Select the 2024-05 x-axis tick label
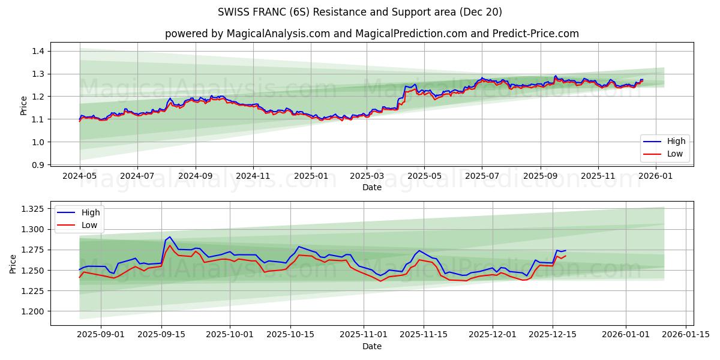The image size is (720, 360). pos(80,177)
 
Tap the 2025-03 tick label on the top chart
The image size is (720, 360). pos(367,177)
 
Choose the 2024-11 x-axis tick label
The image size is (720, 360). pos(253,177)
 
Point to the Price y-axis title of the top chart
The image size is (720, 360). pos(23,106)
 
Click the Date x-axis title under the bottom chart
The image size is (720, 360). pos(372,347)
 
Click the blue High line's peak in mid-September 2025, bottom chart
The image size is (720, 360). pos(169,237)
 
